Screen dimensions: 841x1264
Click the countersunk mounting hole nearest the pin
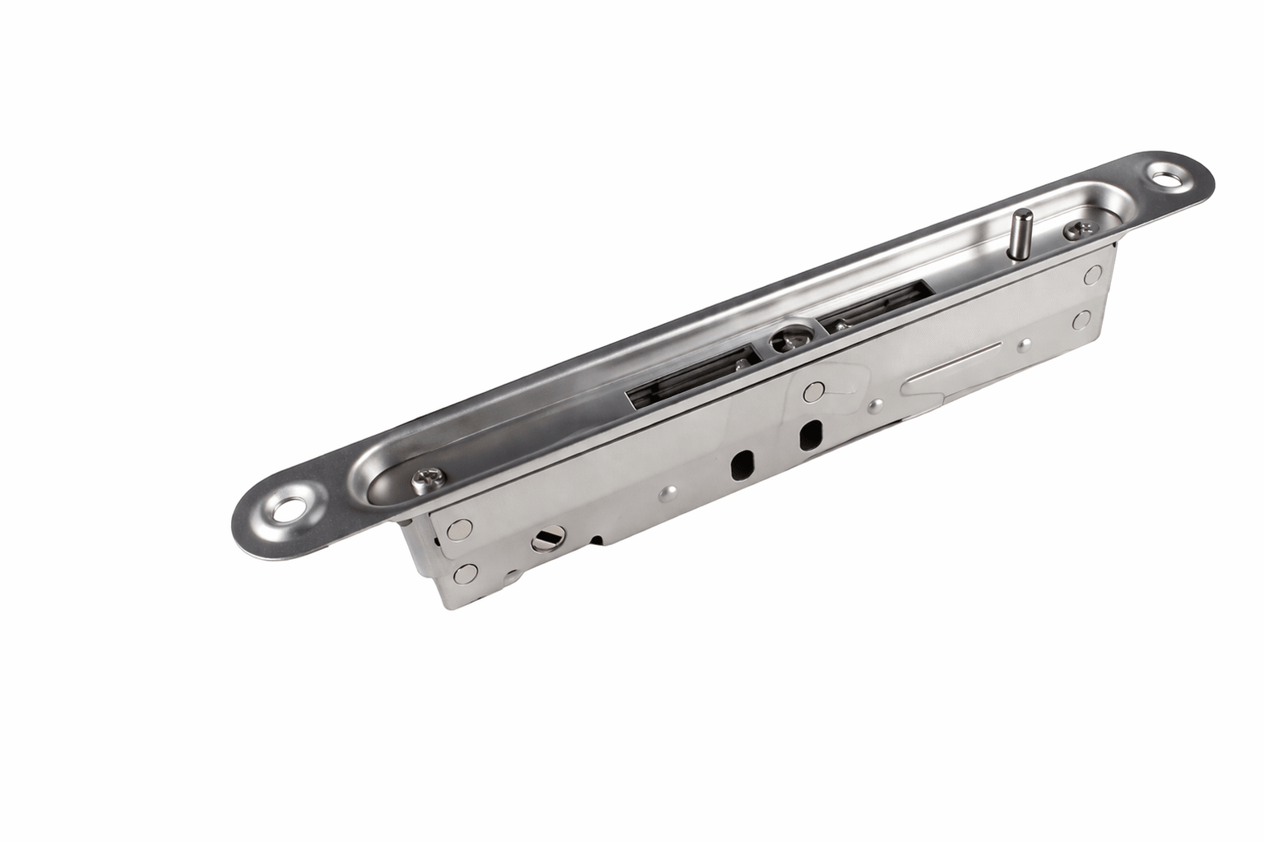[x=1162, y=175]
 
